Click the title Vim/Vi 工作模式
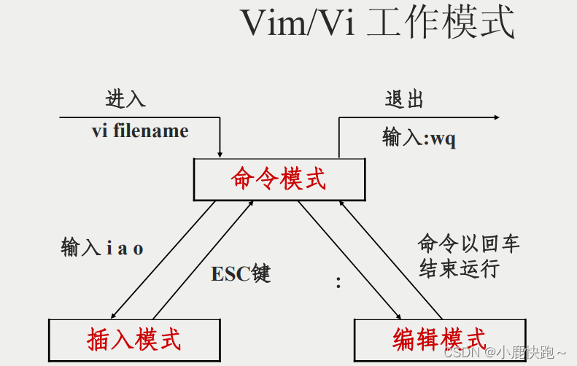point(377,24)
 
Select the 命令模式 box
point(279,179)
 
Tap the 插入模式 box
point(133,339)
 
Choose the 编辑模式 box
point(439,339)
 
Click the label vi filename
point(140,131)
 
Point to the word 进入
point(125,99)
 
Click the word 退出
point(404,99)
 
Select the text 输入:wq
point(419,138)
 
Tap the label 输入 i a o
point(102,248)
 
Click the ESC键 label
point(241,274)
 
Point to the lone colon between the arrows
point(338,283)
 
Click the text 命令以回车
point(468,243)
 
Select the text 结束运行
point(458,268)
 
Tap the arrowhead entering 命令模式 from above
point(220,153)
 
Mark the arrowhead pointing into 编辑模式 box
point(398,315)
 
